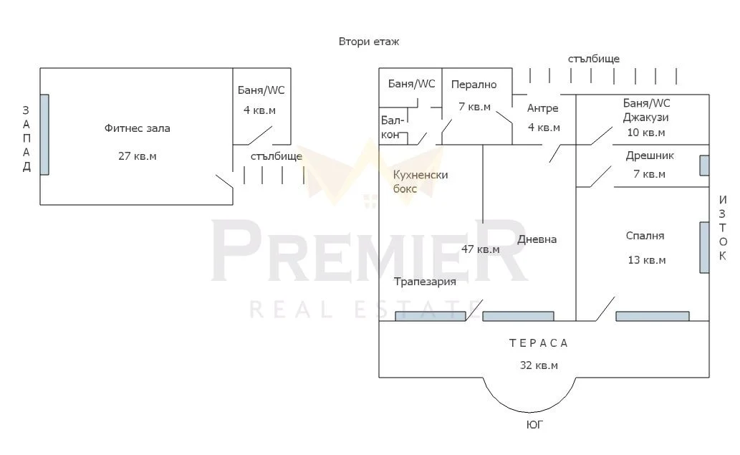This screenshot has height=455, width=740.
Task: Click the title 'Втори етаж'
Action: pos(369,42)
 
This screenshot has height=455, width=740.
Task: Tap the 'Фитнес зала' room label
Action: pos(137,129)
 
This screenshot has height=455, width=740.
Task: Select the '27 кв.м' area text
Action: pos(137,155)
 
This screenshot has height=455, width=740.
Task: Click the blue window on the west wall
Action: pos(44,135)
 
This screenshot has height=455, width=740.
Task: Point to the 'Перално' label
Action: pos(474,85)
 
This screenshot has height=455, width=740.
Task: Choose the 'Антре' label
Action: pos(542,108)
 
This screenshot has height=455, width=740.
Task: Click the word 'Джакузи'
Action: pos(645,118)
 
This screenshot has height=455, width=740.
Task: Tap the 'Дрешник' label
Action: pos(650,155)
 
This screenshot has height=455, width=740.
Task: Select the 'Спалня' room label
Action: pos(645,236)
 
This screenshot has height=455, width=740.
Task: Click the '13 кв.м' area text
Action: pos(646,260)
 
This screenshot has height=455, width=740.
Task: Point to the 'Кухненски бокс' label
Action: pos(421,181)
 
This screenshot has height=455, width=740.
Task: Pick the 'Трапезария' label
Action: pos(425,282)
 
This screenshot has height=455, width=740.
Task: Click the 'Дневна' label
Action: pos(537,239)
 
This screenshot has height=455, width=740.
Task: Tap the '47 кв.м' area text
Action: pos(480,249)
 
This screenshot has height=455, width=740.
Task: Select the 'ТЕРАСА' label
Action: pos(539,343)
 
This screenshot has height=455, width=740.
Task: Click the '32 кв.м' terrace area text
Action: pos(539,365)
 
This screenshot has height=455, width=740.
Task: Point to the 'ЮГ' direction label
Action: pos(534,425)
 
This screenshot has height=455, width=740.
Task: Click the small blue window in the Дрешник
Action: pos(704,165)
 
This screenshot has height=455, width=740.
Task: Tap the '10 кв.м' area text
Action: pos(645,133)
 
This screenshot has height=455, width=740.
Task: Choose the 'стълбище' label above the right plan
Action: pos(593,59)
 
